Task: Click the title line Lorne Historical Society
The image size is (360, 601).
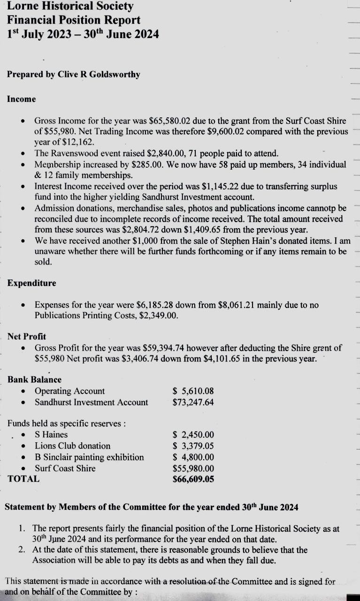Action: coord(70,7)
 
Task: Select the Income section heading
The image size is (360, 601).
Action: coord(22,99)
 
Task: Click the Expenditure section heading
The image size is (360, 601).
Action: coord(31,283)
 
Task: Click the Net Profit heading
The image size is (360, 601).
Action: coord(27,337)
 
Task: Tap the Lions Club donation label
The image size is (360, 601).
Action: coord(72,446)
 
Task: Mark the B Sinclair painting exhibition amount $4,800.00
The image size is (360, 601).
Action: coord(193,457)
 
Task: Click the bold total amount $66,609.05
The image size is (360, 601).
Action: coord(193,479)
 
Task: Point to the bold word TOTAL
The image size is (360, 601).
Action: coord(23,479)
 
